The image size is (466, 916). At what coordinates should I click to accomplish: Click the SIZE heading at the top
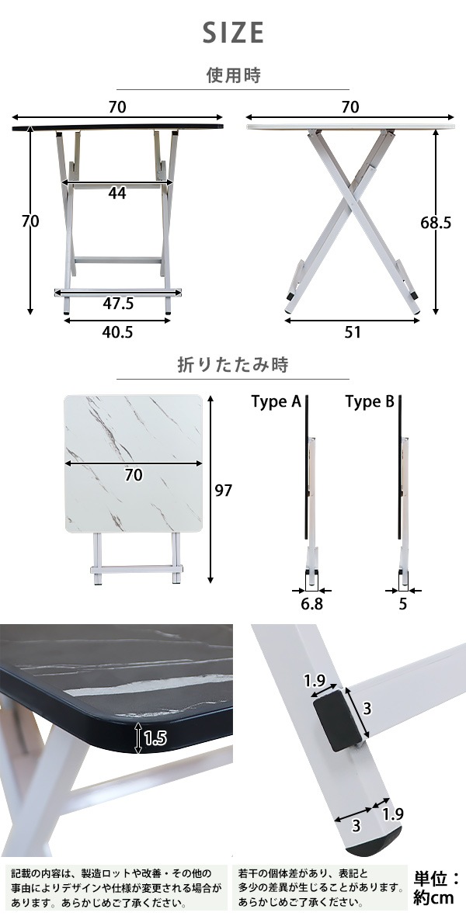233,33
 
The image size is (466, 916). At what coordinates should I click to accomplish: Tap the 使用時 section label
233,75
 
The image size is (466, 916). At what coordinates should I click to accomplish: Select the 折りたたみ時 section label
233,365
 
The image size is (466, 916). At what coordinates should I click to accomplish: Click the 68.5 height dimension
436,223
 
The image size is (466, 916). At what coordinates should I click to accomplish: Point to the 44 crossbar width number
117,193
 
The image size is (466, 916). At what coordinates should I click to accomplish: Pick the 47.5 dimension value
117,304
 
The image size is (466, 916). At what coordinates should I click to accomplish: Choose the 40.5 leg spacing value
117,331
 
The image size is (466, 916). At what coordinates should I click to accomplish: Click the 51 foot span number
353,331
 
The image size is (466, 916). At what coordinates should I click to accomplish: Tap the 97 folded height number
224,491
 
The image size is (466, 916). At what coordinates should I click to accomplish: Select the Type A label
276,402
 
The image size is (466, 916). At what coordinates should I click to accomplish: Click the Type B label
370,402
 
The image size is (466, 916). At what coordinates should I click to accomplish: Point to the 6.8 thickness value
311,604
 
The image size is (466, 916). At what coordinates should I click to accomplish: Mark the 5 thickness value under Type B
403,604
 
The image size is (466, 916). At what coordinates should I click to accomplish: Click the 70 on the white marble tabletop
134,475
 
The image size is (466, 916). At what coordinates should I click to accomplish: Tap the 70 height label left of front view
30,222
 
